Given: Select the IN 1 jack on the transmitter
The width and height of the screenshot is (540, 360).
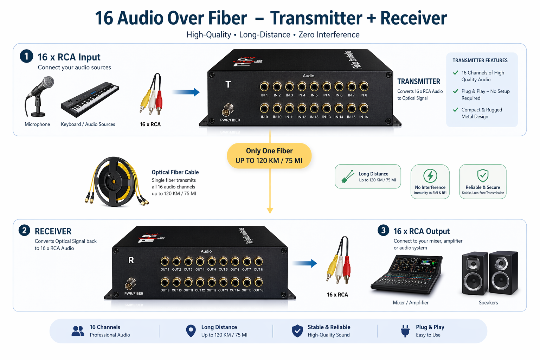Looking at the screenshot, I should tap(264, 86).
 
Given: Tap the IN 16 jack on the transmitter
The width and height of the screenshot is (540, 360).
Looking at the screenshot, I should tap(364, 108).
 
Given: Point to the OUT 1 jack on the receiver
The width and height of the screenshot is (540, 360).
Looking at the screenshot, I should tap(165, 261).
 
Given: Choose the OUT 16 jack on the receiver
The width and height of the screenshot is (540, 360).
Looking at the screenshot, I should tap(258, 282).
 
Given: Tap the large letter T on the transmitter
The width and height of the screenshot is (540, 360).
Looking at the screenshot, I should tap(228, 84).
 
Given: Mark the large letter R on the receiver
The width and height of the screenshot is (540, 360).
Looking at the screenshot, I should tap(131, 260).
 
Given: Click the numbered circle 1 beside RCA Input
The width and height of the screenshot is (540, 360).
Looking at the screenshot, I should tap(26, 56).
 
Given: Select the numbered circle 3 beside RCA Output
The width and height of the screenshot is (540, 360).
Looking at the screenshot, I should tap(383, 231).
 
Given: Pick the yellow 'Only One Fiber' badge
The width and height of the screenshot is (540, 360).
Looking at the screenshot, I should tap(269, 155).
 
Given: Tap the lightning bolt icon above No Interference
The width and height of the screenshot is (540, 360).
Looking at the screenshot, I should tap(430, 175).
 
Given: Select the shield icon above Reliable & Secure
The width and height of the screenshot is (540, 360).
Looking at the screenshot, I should tap(483, 175).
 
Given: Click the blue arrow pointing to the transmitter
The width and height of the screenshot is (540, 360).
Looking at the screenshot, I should tap(186, 92).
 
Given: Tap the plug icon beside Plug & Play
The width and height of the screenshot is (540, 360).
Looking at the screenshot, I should tap(405, 331).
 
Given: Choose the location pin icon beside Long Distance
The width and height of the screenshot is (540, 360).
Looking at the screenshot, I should tap(191, 330).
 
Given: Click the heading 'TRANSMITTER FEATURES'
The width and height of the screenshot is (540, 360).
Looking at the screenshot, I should tap(480, 60).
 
